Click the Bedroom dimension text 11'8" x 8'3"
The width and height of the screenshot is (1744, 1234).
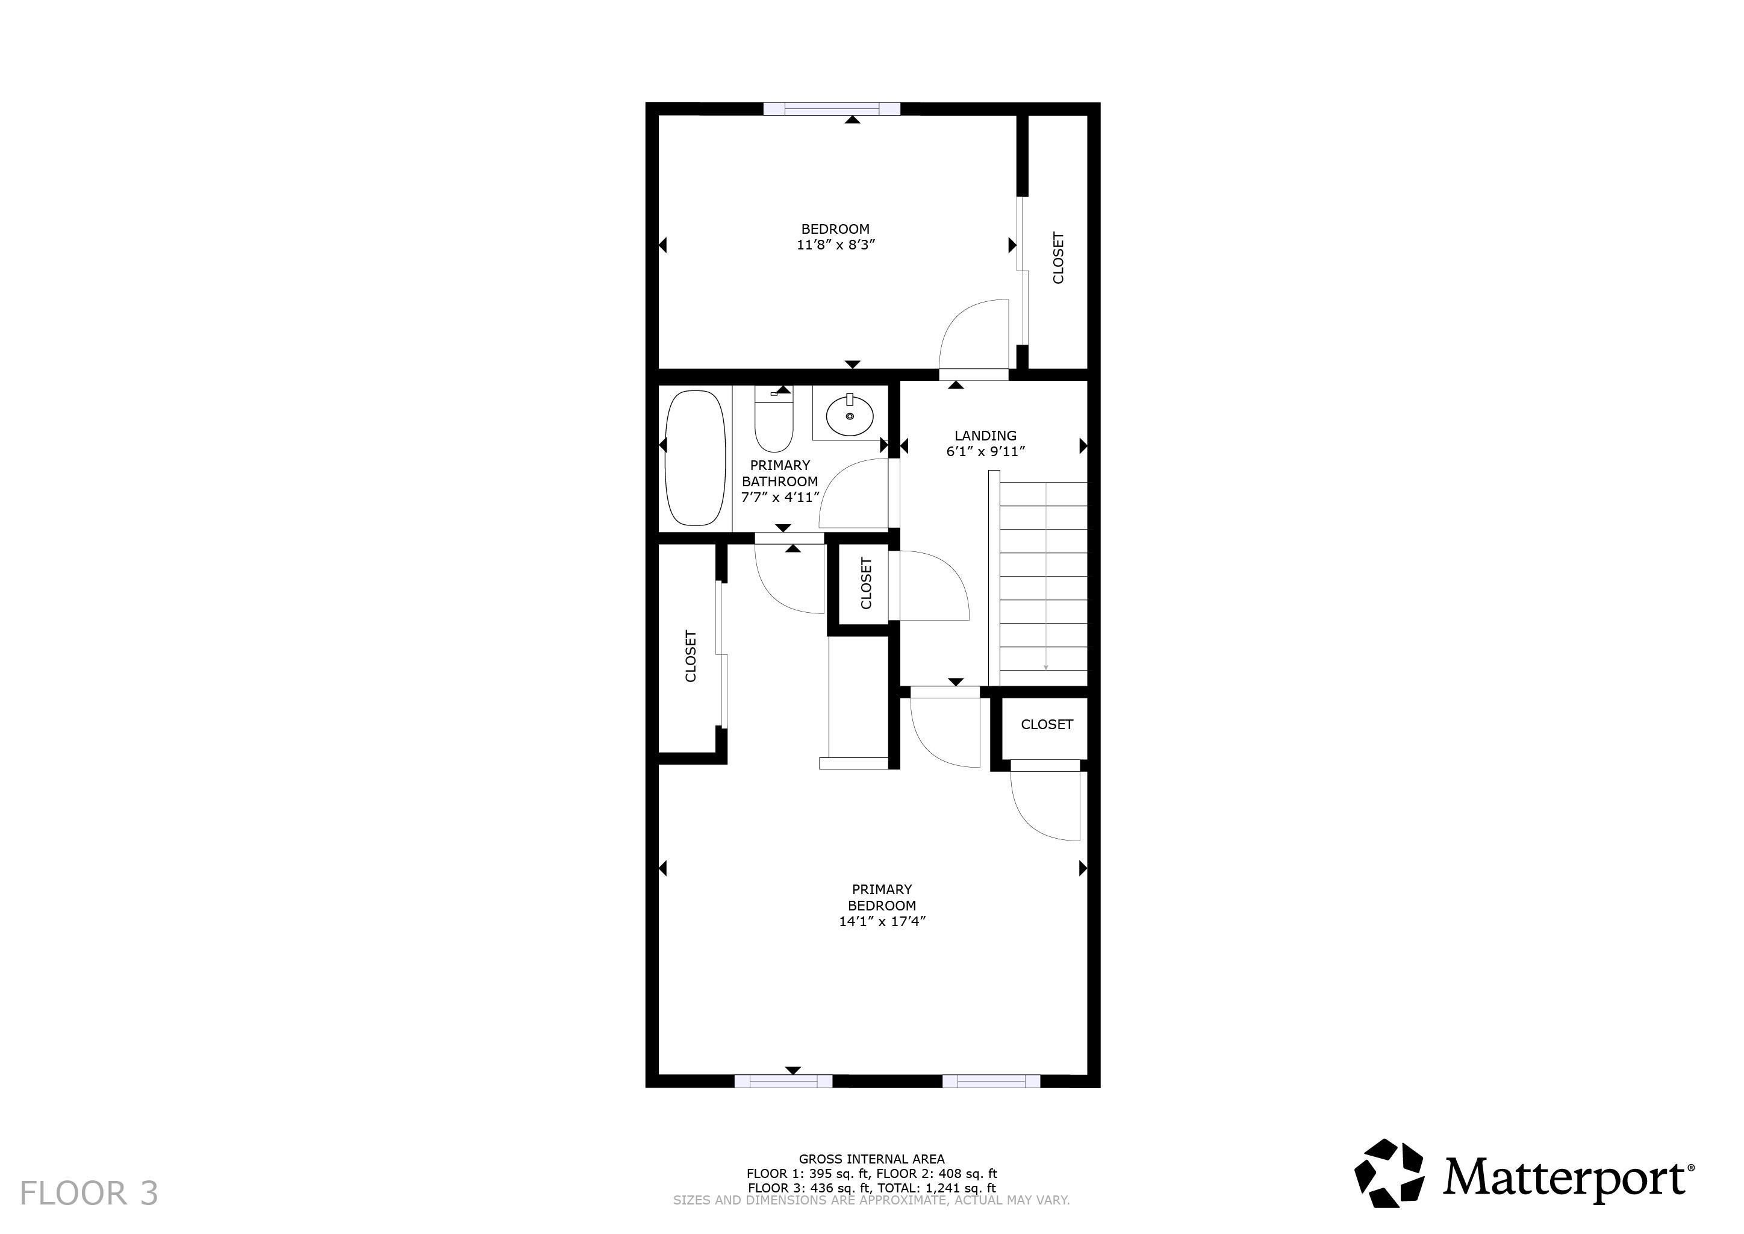(835, 245)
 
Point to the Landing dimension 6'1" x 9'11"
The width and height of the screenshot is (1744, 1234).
(985, 451)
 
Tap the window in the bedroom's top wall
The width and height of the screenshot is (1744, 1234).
(831, 108)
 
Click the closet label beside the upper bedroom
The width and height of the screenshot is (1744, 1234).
(1058, 258)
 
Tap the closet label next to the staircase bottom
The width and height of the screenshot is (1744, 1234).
(1046, 724)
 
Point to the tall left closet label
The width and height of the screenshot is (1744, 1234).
(691, 655)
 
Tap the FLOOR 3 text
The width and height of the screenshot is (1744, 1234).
(89, 1193)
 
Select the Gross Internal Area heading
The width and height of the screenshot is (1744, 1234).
(871, 1159)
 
